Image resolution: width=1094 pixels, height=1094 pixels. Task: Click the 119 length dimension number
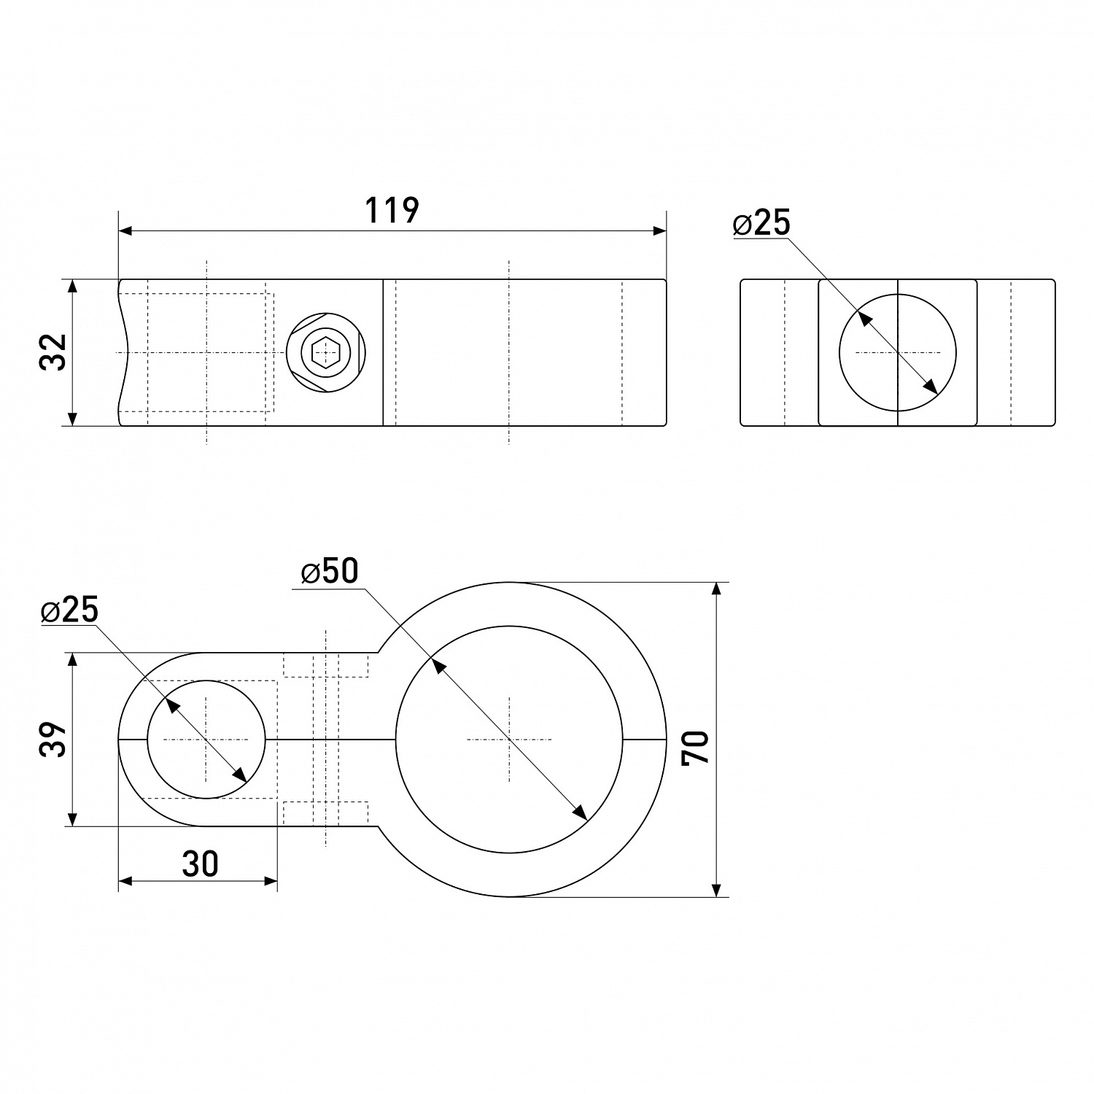392,210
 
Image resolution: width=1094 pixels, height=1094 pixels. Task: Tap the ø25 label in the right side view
762,223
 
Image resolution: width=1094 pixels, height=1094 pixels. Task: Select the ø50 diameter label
330,573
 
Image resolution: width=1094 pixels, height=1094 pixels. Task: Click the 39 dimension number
54,740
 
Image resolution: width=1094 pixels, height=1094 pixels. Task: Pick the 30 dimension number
200,864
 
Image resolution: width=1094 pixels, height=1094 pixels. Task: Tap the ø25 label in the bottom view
70,610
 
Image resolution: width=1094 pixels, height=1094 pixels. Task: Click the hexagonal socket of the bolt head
325,353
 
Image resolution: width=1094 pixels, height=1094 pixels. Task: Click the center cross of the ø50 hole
509,740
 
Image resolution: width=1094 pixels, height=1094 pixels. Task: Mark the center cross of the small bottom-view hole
206,740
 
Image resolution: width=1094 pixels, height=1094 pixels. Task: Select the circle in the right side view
897,353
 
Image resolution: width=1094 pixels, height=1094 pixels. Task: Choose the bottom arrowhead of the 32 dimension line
72,418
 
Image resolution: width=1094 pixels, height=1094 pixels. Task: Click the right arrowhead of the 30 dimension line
271,881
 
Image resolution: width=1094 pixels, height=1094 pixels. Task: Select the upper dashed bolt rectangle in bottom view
326,665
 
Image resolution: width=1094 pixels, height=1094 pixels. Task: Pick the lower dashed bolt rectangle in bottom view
326,812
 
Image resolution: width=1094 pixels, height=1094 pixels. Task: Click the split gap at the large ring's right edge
644,740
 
